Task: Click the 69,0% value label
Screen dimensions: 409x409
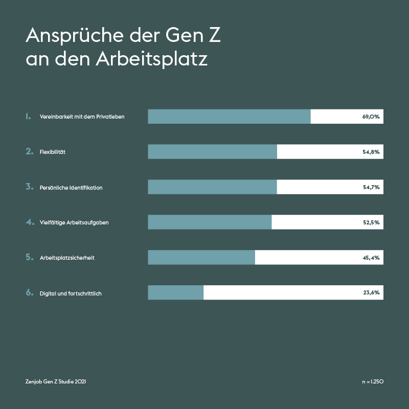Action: click(371, 117)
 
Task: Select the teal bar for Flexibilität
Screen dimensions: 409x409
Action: click(212, 152)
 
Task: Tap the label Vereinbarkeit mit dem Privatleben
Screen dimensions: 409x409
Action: click(82, 117)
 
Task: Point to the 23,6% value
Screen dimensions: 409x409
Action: click(371, 293)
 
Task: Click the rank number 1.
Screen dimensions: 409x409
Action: click(29, 117)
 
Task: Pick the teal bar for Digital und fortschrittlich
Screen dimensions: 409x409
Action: click(175, 293)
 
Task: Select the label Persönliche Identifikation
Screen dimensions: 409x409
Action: click(71, 188)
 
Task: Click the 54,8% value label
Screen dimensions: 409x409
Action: click(371, 152)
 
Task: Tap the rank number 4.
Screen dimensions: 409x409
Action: click(29, 222)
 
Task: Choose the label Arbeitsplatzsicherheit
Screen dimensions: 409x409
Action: click(67, 258)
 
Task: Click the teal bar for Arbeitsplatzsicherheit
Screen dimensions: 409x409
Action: click(201, 258)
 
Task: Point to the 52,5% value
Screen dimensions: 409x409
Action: click(371, 222)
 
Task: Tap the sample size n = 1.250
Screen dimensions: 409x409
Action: click(372, 381)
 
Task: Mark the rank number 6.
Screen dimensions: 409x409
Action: click(29, 293)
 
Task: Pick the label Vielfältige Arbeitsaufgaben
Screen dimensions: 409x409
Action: click(74, 222)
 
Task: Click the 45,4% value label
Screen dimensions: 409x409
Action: click(371, 258)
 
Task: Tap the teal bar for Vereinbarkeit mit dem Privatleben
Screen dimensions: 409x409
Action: click(229, 117)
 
